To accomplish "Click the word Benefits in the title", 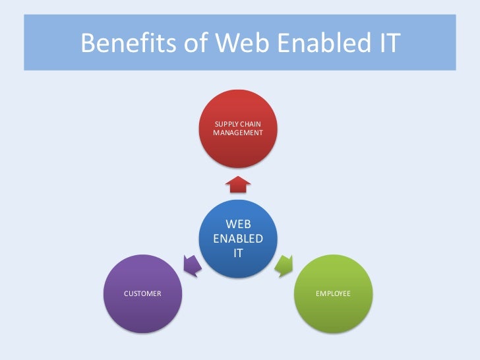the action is click(125, 44).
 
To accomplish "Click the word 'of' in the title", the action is click(190, 44).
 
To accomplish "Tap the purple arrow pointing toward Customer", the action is click(192, 264).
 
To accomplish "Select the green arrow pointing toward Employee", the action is click(284, 264).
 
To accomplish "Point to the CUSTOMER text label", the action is click(143, 293).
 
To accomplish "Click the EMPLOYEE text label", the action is click(333, 293).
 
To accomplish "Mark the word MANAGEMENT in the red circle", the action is click(238, 133).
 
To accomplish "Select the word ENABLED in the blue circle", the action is click(238, 238).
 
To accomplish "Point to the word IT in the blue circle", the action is click(238, 252).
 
